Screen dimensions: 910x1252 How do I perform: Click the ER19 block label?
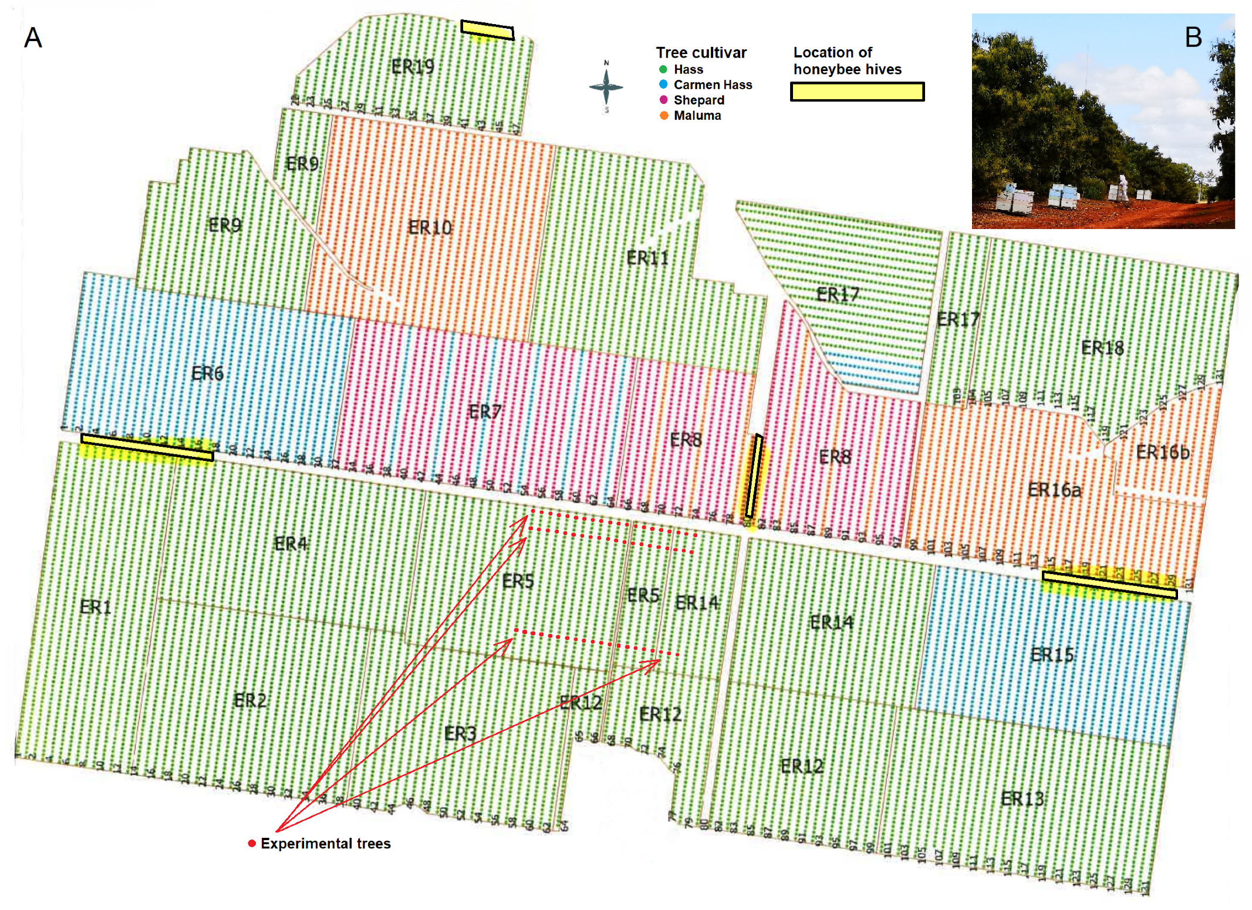[x=413, y=67]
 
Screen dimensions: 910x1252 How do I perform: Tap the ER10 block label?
[x=430, y=227]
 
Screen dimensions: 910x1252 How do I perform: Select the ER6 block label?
[x=207, y=373]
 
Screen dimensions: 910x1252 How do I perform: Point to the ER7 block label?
[x=485, y=412]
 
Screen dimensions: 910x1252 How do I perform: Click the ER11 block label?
[x=647, y=258]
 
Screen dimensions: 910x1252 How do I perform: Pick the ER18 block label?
[x=1102, y=348]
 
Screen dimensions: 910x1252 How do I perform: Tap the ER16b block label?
[x=1162, y=452]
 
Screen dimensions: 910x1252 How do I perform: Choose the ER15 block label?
[x=1052, y=654]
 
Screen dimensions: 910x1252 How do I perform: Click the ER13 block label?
[x=1022, y=798]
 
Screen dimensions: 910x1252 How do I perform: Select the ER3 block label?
[x=460, y=733]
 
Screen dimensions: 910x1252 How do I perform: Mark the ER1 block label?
[x=95, y=606]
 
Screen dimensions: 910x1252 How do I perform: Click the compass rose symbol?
[x=606, y=87]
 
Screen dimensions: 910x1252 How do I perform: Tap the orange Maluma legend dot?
[x=664, y=116]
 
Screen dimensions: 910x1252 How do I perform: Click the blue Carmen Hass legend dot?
[x=663, y=85]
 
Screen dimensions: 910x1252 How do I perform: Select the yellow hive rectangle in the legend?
[x=857, y=92]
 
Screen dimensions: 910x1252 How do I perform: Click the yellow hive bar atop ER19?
[x=487, y=30]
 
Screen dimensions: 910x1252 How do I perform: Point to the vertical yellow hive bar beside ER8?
[x=754, y=476]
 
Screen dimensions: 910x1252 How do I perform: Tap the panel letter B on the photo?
[x=1193, y=38]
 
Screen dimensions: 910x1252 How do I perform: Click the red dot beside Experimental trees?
[x=252, y=843]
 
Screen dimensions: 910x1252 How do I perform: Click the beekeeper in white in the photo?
[x=1122, y=188]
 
